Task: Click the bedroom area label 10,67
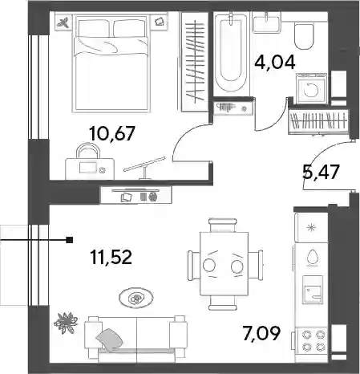point(112,133)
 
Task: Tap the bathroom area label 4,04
point(275,62)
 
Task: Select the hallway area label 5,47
point(321,172)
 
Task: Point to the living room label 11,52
point(111,257)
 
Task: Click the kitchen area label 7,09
point(261,333)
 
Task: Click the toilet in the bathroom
point(304,36)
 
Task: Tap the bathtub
point(231,54)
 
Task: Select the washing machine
point(311,88)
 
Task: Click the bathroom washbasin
point(266,25)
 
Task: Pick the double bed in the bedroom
point(111,63)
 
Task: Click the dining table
point(224,264)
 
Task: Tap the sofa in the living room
point(136,337)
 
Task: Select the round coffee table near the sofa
point(136,298)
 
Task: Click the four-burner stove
point(312,340)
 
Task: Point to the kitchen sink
point(312,291)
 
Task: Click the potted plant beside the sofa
point(66,323)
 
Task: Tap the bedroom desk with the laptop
point(90,169)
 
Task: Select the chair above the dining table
point(223,225)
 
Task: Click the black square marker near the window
point(70,240)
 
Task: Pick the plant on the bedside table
point(63,22)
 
